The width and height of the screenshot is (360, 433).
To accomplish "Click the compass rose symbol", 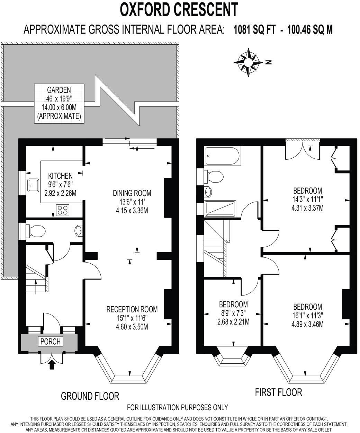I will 248,62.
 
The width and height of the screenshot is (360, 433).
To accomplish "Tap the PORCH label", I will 51,342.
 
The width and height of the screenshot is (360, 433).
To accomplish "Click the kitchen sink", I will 34,185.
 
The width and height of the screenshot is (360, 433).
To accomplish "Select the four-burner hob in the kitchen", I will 62,210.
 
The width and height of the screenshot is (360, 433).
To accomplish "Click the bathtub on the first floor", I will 222,156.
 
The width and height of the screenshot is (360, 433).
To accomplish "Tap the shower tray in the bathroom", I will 220,208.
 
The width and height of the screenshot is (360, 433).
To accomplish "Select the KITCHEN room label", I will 60,176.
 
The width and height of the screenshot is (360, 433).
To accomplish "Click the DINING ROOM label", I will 132,193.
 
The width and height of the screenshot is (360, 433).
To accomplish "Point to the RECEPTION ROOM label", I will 132,309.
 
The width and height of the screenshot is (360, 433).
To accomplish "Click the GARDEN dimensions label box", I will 59,103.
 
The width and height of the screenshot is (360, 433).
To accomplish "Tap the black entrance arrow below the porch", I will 52,364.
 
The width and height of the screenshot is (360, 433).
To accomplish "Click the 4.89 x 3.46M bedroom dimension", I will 308,325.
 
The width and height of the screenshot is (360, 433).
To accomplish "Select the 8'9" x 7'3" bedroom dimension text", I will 233,313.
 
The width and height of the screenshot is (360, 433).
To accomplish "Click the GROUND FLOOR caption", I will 90,396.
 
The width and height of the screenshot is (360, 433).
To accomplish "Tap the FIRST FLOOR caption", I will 278,392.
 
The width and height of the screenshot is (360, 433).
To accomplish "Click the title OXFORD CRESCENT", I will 179,9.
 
